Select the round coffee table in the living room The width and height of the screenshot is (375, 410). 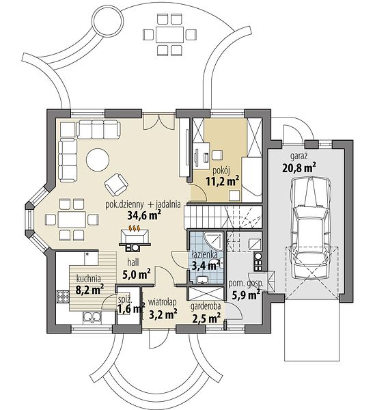[98, 160]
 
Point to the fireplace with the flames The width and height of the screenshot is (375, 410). [135, 239]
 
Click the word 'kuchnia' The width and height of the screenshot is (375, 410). [89, 279]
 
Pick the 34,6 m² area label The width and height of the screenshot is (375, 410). [144, 215]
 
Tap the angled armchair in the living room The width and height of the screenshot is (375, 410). [116, 184]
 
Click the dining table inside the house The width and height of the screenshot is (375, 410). [72, 219]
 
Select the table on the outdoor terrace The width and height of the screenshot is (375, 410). [170, 35]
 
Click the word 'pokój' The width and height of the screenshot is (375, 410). [221, 170]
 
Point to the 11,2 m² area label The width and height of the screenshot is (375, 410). [223, 181]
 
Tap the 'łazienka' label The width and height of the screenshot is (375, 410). [204, 254]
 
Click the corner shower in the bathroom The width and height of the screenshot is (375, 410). [214, 241]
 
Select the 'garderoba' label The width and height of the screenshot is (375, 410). [206, 306]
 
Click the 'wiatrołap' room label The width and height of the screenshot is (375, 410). [163, 302]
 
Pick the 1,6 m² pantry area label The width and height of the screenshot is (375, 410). [131, 310]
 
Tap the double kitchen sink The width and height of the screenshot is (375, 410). [92, 317]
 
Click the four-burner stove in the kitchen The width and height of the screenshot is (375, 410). [63, 297]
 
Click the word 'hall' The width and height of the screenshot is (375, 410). [133, 262]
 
